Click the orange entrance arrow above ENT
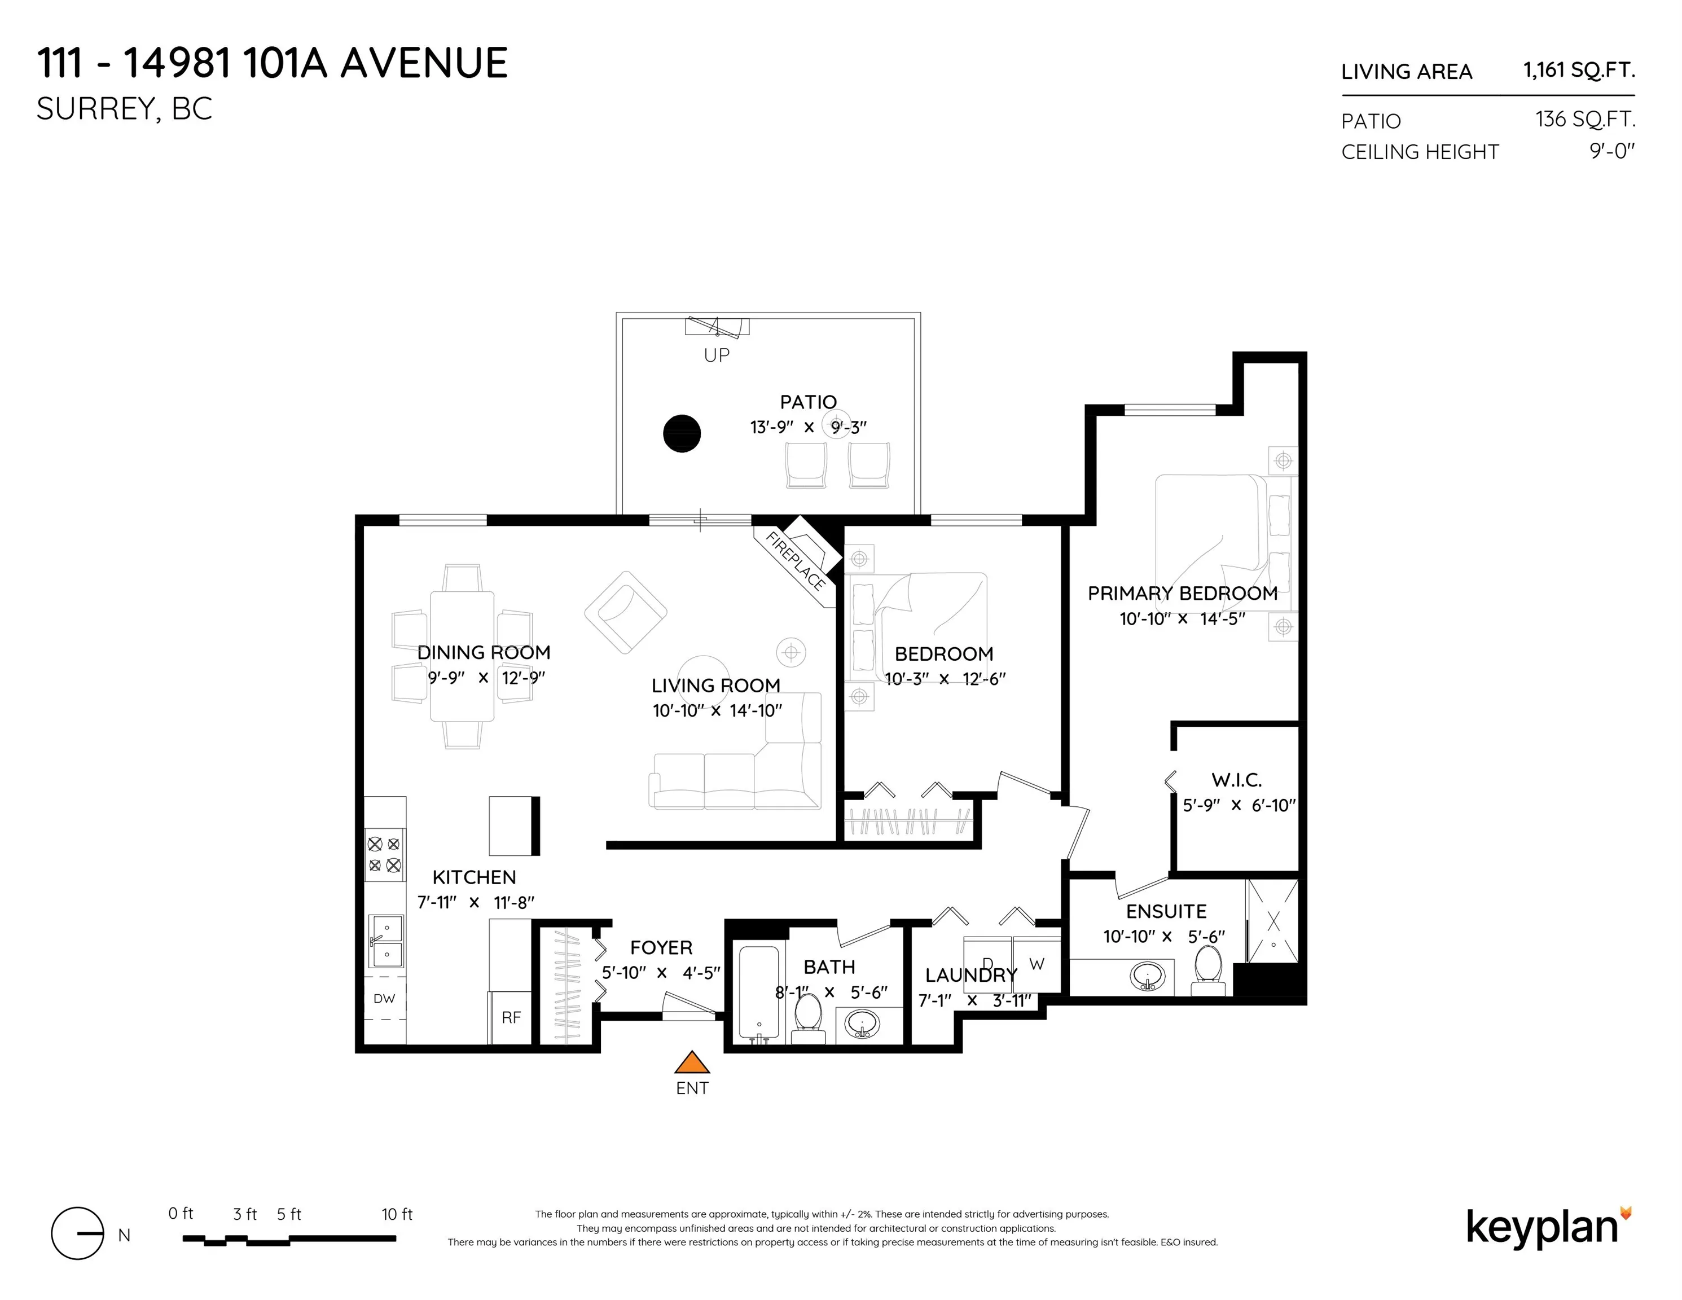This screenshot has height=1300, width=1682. pos(692,1063)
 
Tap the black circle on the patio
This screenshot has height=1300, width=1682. pos(682,433)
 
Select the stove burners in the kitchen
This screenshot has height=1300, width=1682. pos(384,854)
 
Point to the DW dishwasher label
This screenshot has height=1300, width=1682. pos(384,999)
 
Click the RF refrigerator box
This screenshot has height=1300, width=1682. pos(511,1017)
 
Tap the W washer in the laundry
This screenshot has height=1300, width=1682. pos(1037,964)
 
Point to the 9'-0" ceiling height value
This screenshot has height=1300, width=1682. pos(1612,151)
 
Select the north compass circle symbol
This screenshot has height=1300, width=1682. pos(77,1233)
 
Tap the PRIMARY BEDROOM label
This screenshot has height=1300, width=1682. pos(1182,593)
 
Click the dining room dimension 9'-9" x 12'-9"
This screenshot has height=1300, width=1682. pos(486,678)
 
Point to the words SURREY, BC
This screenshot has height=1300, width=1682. pos(124,109)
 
